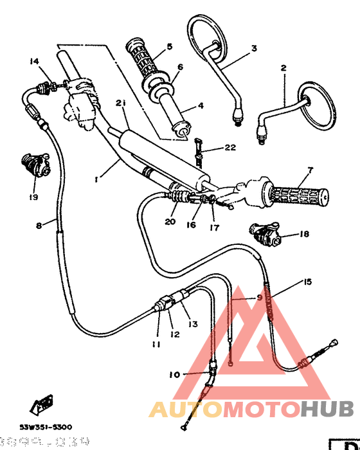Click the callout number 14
click(34, 61)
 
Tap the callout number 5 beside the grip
click(170, 46)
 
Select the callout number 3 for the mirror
click(254, 48)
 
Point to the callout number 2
click(282, 67)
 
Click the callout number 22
click(230, 148)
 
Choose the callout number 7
click(310, 170)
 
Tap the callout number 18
click(304, 235)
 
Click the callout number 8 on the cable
click(39, 225)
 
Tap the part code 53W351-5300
click(45, 427)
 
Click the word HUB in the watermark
click(327, 408)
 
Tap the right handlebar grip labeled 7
click(299, 193)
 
